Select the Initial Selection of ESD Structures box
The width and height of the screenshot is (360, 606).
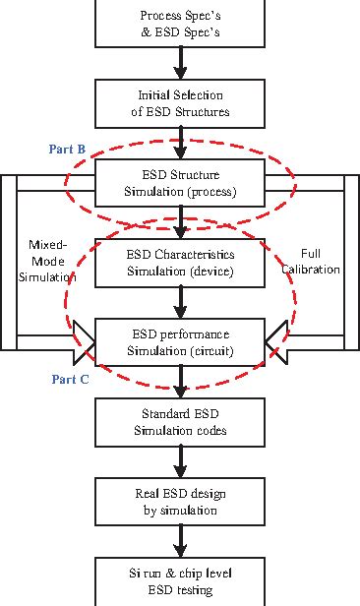pyautogui.click(x=180, y=102)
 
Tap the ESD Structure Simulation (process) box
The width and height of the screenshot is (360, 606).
pyautogui.click(x=180, y=183)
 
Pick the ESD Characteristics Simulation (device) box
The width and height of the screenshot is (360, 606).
pyautogui.click(x=180, y=262)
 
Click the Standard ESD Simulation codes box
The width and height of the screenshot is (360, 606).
pyautogui.click(x=180, y=421)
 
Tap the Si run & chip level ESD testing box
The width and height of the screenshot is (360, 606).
pyautogui.click(x=180, y=581)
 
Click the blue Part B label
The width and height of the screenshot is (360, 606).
pyautogui.click(x=67, y=150)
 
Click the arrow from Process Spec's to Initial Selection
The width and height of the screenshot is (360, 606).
pyautogui.click(x=180, y=64)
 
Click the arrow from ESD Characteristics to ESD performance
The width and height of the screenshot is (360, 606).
pyautogui.click(x=180, y=302)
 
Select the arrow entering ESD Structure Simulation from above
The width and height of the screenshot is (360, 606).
pyautogui.click(x=180, y=144)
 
